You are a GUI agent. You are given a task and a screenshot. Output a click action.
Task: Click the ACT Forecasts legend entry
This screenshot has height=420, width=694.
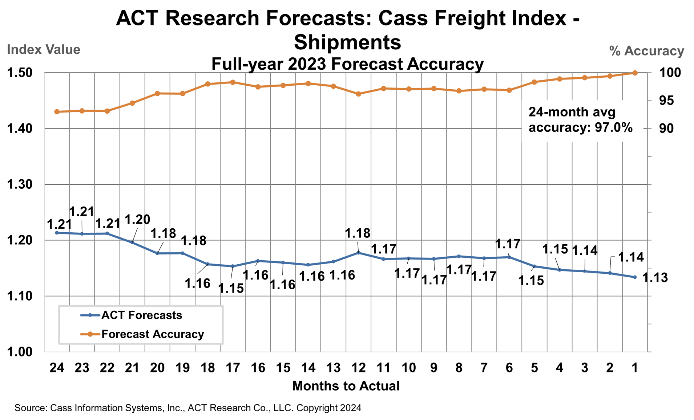142,315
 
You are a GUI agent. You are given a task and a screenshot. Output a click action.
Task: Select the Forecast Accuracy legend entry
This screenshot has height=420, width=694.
153,334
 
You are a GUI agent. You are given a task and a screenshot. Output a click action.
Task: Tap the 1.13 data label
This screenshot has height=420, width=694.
655,278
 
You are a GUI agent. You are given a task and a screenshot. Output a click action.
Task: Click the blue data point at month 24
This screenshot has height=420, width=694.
57,233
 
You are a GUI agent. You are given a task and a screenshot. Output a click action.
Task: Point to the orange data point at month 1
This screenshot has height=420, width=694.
635,73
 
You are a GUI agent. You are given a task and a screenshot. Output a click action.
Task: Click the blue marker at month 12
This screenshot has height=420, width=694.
359,253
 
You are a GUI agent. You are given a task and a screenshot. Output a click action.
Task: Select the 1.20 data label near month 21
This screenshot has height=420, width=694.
137,220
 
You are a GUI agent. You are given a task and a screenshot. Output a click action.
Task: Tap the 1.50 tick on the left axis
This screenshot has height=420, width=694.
20,73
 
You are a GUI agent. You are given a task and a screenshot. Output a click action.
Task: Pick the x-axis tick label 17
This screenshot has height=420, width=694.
233,368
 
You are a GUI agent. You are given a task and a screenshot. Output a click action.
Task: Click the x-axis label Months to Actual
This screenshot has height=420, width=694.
346,386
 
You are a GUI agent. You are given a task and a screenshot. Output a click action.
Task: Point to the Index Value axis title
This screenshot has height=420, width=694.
44,50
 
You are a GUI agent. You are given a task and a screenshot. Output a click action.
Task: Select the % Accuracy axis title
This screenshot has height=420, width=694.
646,51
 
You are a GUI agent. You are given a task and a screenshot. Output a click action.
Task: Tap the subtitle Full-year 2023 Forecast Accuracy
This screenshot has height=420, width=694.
347,64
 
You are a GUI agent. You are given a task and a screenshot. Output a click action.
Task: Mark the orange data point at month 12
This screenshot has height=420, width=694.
358,94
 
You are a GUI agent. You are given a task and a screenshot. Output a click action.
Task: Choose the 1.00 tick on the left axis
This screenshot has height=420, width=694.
20,352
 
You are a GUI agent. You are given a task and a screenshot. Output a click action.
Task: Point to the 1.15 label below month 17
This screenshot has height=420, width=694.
231,289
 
